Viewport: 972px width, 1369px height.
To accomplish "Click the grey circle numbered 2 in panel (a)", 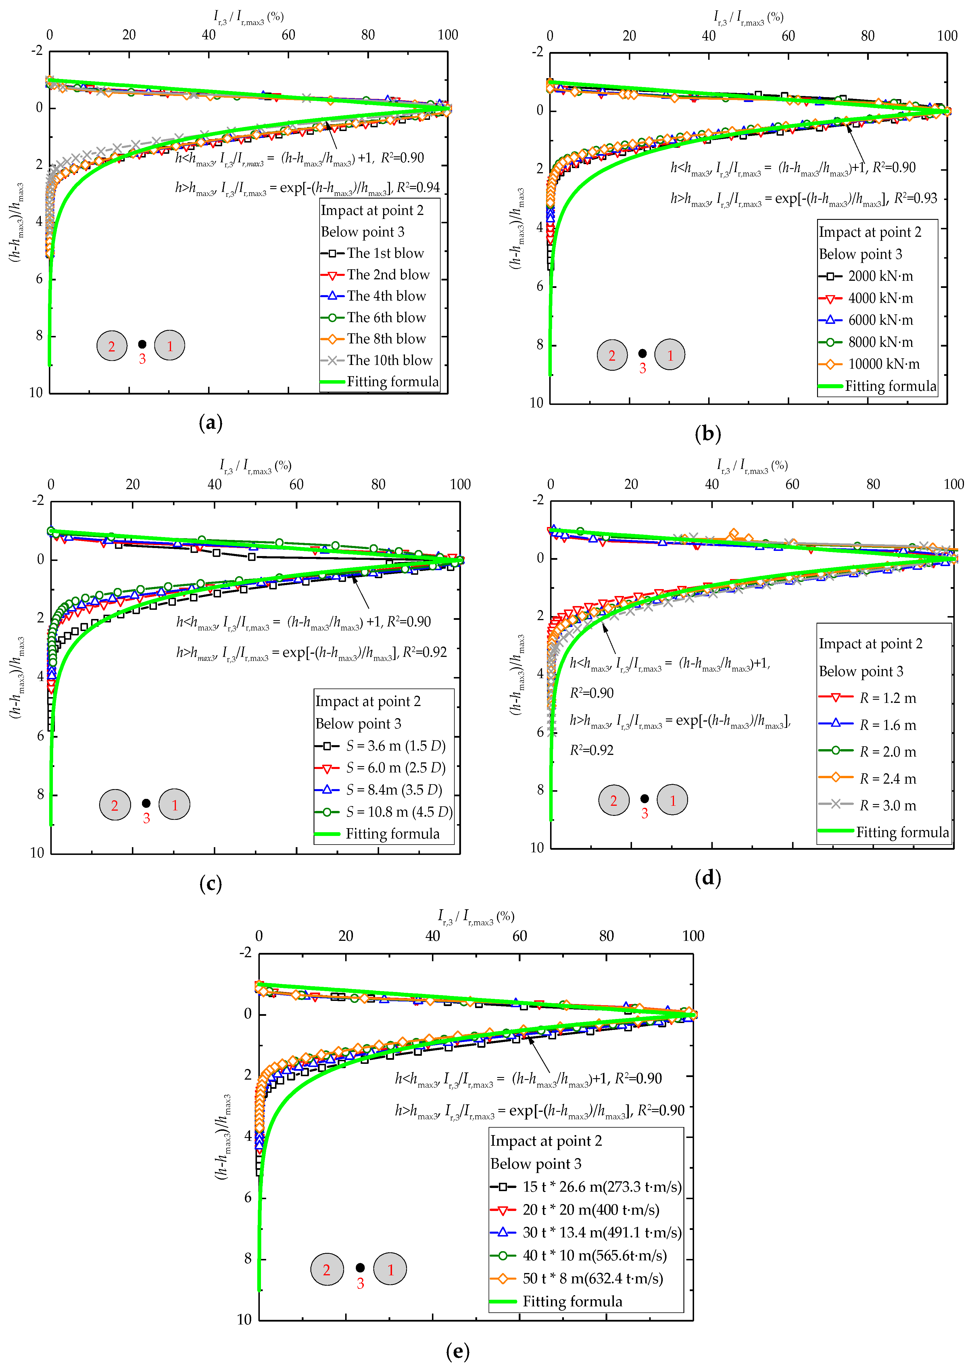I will (x=112, y=346).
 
